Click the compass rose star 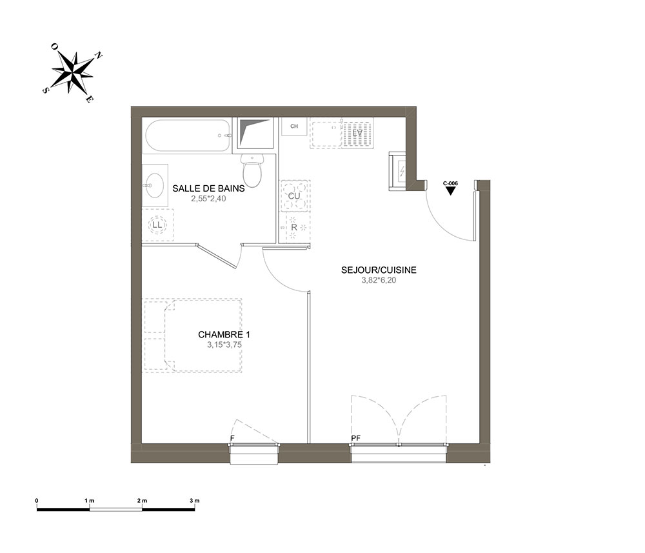coord(73,73)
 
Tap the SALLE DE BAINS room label coord(208,188)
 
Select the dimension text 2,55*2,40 coord(208,199)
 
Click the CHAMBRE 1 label coord(224,334)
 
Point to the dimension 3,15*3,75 coord(224,345)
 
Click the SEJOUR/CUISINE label coord(379,270)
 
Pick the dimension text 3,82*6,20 coord(379,280)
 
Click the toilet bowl coord(252,171)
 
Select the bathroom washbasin coord(155,185)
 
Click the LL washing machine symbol coord(157,225)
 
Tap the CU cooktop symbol coord(294,196)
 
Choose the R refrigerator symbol coord(294,227)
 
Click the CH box coord(294,126)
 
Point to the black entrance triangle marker coord(450,191)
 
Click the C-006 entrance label coord(450,183)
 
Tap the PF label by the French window coord(356,438)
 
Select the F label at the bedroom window coord(232,438)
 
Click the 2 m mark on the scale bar coord(142,501)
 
